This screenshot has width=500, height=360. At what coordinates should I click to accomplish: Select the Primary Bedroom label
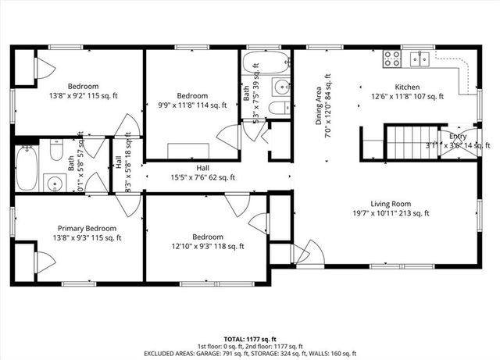point(76,228)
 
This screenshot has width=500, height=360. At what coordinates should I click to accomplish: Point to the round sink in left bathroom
point(53,184)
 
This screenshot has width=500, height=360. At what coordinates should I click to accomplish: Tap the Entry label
point(459,135)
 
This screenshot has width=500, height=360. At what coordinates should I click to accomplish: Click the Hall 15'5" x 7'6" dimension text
point(202,177)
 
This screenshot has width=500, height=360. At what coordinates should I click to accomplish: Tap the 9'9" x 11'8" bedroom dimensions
point(192,105)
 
